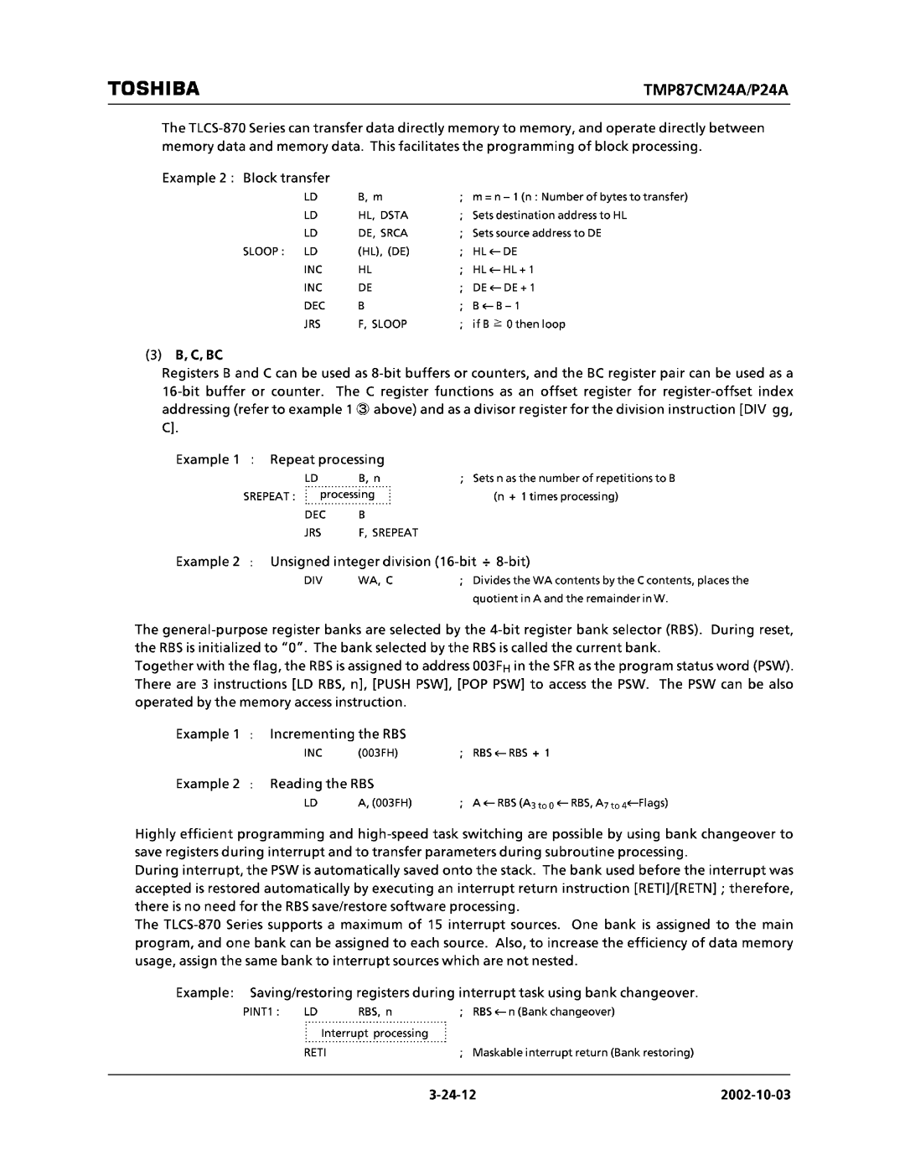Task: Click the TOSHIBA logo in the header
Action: point(153,88)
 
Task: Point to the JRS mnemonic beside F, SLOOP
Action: point(313,324)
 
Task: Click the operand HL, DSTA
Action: point(383,215)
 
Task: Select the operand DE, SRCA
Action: point(383,233)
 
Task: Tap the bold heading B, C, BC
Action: point(199,355)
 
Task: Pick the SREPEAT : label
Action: point(269,496)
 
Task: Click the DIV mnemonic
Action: point(313,580)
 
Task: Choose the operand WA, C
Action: point(375,580)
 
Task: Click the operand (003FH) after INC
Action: point(377,753)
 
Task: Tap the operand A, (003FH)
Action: point(385,802)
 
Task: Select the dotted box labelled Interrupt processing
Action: point(374,1033)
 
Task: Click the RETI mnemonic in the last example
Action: point(314,1052)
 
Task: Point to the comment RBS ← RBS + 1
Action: point(511,753)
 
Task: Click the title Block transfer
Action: point(286,178)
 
